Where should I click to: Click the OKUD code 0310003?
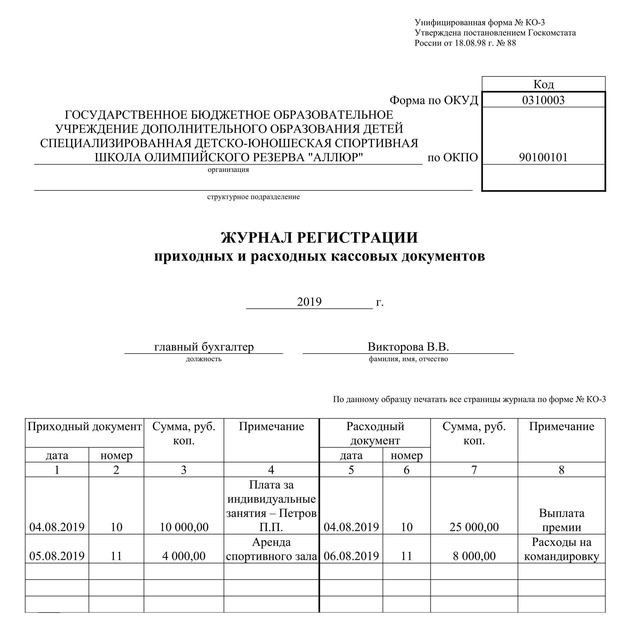[x=543, y=100]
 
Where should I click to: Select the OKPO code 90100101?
[x=543, y=157]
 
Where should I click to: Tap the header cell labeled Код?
[x=543, y=84]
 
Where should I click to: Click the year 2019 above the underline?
[x=309, y=302]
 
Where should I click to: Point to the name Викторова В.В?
[x=408, y=347]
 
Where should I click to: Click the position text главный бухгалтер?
[x=204, y=347]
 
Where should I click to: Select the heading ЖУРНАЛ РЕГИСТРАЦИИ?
[x=319, y=238]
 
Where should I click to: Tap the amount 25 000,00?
[x=474, y=527]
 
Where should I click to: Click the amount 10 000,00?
[x=184, y=527]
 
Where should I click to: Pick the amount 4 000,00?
[x=184, y=556]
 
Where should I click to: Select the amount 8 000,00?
[x=474, y=556]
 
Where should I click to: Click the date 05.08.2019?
[x=57, y=556]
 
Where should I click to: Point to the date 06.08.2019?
[x=351, y=556]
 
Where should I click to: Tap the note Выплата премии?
[x=562, y=520]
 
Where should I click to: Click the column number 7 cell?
[x=474, y=470]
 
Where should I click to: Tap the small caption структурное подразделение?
[x=253, y=197]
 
